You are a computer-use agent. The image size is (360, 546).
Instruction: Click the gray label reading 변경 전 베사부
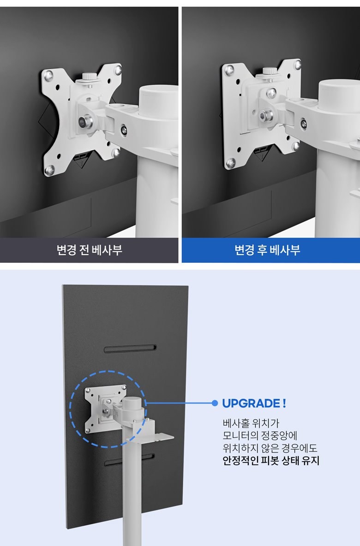coord(89,250)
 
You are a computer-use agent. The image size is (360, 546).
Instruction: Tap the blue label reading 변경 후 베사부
coord(267,250)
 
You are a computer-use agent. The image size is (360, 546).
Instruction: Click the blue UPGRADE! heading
coord(254,404)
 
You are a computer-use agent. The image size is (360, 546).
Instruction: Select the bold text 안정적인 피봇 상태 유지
coord(271,461)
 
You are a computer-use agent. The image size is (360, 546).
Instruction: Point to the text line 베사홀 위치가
coord(251,423)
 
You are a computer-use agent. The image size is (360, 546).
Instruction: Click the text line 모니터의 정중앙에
coord(260,436)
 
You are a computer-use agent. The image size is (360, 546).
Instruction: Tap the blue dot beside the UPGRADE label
coord(215,403)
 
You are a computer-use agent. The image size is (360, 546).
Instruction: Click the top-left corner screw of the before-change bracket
coord(49,75)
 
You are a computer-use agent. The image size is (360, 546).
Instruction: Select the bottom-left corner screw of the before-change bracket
coord(49,170)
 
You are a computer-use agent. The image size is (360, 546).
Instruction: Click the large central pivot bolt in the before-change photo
coord(85,122)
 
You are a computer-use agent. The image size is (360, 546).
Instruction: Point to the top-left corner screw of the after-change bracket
coord(229,70)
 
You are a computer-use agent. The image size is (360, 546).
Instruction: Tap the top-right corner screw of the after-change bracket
coord(297,65)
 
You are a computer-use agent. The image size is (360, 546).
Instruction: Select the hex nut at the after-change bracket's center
coord(265,115)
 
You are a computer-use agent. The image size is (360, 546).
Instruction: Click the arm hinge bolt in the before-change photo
coord(124,130)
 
